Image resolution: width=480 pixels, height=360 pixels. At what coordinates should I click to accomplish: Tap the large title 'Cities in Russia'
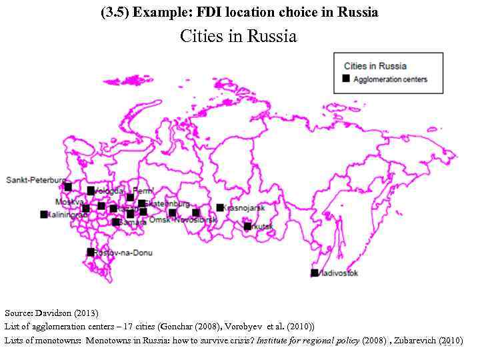238,37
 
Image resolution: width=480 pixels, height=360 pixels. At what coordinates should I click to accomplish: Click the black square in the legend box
346,79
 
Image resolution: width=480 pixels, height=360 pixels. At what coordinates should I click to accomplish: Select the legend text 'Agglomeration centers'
390,79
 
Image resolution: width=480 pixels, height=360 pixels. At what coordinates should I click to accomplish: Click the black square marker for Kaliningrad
44,214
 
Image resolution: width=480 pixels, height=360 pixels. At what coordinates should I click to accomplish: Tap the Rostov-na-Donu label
123,253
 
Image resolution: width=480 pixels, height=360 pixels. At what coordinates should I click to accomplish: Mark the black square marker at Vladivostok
315,273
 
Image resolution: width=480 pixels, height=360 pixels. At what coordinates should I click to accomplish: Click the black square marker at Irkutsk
248,226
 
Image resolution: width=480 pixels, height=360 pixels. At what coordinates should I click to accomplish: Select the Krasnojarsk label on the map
245,208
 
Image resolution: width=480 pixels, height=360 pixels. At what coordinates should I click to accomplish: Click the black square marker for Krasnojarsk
220,207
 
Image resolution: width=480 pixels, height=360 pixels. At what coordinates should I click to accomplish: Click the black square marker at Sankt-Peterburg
68,187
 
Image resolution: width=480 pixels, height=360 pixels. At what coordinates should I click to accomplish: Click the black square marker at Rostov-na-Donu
91,252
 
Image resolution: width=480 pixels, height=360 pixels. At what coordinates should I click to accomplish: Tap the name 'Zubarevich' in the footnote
417,340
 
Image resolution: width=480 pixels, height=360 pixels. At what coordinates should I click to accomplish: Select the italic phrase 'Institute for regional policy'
309,340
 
